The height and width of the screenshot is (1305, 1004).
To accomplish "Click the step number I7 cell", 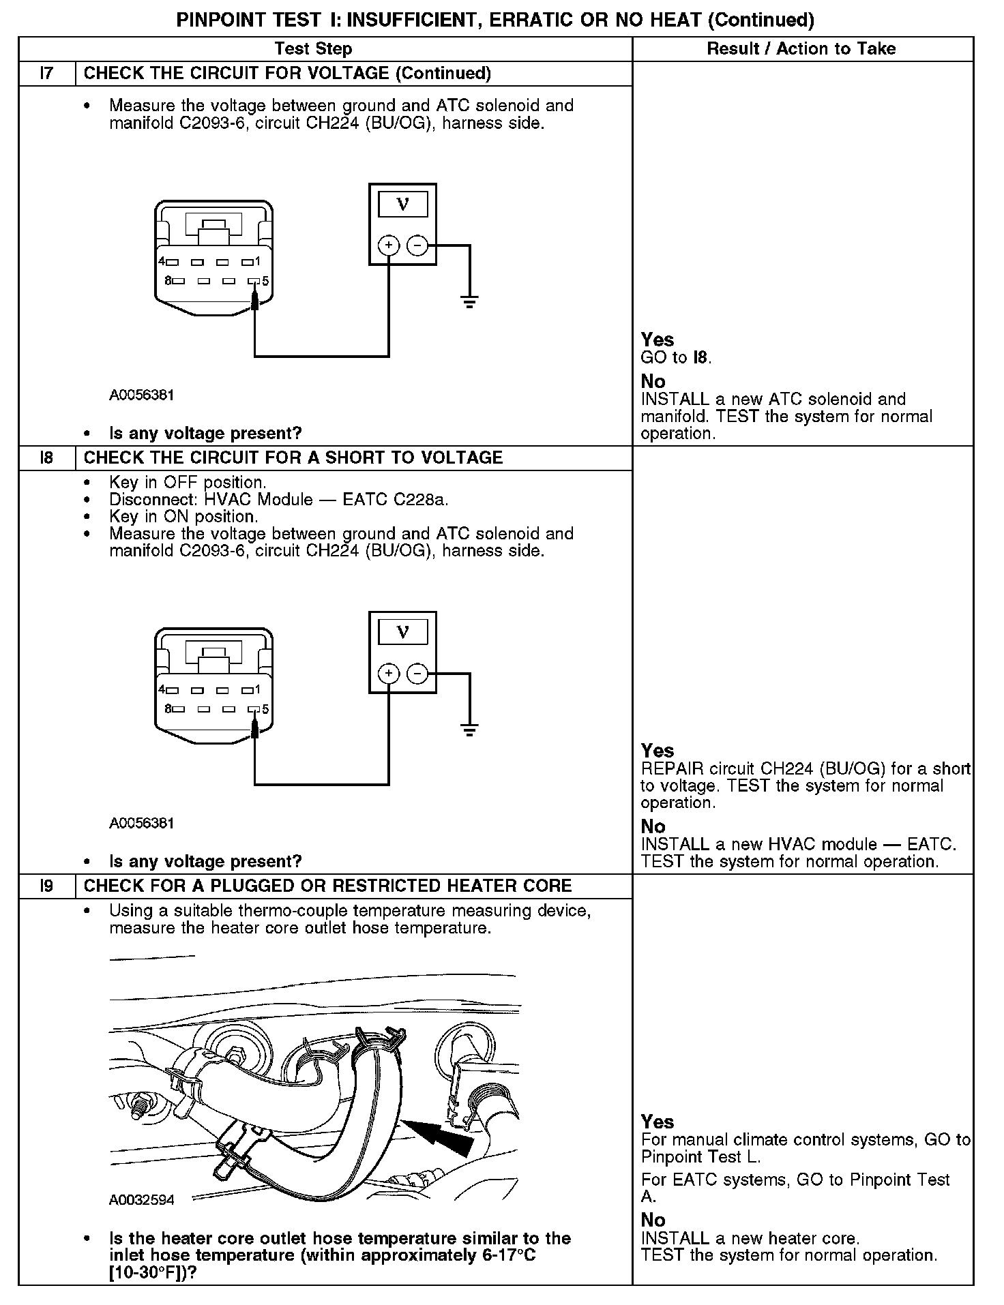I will (x=46, y=74).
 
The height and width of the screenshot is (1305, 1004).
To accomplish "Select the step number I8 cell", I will (x=46, y=457).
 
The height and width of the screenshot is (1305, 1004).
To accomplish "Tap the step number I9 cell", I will (x=46, y=886).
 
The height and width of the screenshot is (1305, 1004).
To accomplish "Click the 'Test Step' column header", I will (x=313, y=49).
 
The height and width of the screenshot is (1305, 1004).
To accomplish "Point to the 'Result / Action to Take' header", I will (x=801, y=49).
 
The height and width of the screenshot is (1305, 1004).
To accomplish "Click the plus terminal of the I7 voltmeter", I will (x=388, y=245).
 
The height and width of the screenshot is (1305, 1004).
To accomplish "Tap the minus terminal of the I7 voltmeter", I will (x=417, y=245).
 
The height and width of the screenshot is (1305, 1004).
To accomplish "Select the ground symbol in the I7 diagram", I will (x=469, y=301).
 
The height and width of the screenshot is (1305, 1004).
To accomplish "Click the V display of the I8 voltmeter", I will (x=402, y=632).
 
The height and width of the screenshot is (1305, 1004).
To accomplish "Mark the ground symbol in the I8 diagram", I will (x=469, y=729).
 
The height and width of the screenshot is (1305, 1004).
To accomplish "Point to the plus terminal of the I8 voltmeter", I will (x=388, y=674).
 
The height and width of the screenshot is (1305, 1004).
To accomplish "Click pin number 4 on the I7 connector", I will (x=162, y=261).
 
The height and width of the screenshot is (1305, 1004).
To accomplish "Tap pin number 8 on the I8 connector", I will (x=168, y=709).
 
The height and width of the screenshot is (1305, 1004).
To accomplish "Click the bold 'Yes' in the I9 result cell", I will (x=658, y=1122).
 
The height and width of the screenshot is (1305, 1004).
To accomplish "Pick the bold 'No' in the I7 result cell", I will (x=653, y=381).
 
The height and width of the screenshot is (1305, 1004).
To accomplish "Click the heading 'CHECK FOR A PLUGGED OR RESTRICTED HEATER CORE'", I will (x=327, y=886).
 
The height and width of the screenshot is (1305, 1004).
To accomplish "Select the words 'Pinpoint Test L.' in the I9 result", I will (x=700, y=1157).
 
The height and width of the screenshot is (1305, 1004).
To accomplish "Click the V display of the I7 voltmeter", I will (x=402, y=204).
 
